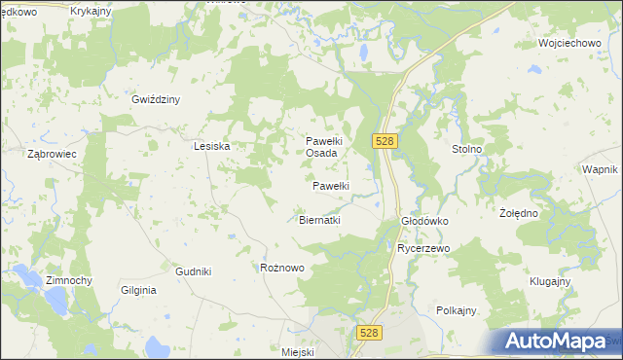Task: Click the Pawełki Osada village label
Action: (322, 147)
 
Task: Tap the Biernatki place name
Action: (318, 220)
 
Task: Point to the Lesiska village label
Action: (211, 146)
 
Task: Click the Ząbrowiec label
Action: (53, 154)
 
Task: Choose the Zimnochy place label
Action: (68, 280)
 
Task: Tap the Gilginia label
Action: (138, 290)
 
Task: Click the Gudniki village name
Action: (194, 271)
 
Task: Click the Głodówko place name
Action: (424, 221)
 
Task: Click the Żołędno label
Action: (519, 212)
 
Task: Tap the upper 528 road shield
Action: (384, 141)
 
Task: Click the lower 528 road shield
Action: (368, 333)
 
